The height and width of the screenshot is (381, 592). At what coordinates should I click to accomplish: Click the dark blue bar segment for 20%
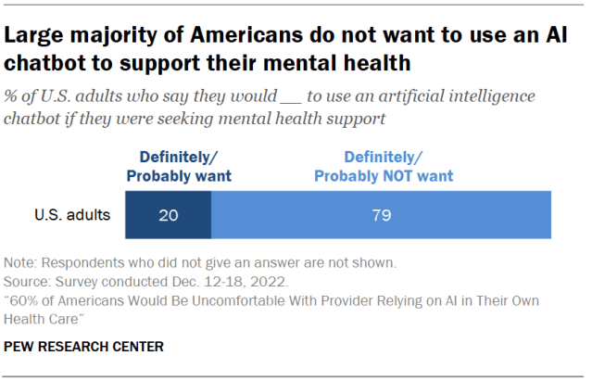(x=168, y=216)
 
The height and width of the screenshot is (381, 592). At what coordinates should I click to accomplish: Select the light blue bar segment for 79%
(x=381, y=216)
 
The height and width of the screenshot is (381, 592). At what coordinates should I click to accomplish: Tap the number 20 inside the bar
(x=168, y=216)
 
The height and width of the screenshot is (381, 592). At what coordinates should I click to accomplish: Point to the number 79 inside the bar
(x=382, y=216)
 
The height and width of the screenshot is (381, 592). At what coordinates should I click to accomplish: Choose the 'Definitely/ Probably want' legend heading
(x=180, y=167)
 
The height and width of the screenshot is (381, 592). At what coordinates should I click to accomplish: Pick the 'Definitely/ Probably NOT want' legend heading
(x=382, y=167)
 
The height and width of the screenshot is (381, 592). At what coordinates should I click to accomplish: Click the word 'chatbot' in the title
(x=44, y=65)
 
